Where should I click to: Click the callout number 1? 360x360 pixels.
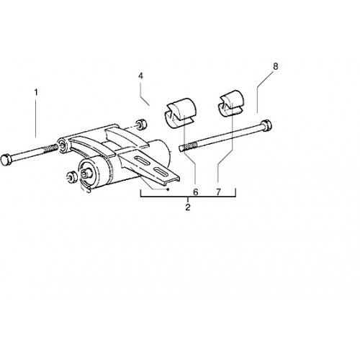coord(36,92)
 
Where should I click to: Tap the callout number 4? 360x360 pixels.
coord(140,76)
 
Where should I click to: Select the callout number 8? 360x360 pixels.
coord(276,66)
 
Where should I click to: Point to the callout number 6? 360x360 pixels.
coord(196,192)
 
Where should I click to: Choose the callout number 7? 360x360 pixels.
coord(218,192)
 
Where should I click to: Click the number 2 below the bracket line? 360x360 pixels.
coord(188,207)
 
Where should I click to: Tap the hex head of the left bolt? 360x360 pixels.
coord(5,160)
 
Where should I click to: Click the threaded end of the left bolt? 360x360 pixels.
coord(51,148)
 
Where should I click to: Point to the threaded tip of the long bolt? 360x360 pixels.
coord(188,146)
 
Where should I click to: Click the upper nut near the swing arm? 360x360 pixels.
coord(141,124)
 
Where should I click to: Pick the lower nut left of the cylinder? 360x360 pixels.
coord(71,178)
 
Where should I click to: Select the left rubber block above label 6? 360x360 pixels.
coord(181,113)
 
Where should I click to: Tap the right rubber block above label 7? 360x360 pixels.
coord(230,104)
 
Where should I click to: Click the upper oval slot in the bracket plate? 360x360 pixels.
coord(143,161)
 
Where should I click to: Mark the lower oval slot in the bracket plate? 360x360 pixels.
coord(161,172)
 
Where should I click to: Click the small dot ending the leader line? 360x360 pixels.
coord(168,189)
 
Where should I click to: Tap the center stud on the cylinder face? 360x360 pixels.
coord(86,174)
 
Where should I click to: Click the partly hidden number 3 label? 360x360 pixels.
coord(89,189)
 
